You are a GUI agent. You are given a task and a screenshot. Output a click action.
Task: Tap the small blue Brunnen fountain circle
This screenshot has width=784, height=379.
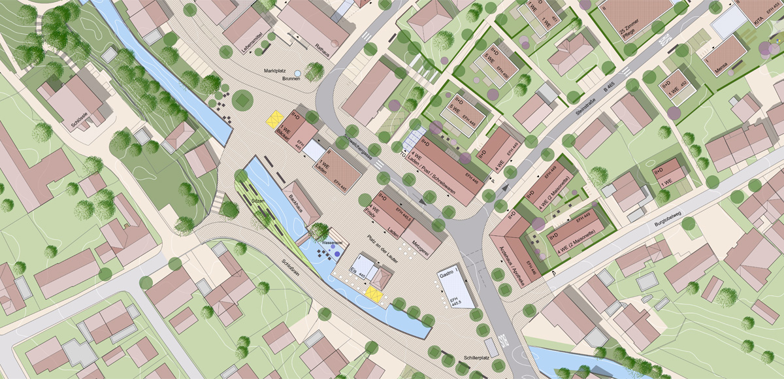(x=298, y=73)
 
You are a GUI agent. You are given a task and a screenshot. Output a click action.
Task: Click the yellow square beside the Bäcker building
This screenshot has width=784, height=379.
(x=275, y=118)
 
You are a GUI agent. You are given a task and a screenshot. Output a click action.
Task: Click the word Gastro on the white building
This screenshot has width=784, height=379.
(x=447, y=277)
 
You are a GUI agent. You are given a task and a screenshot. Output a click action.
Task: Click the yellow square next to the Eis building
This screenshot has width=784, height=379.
(x=374, y=293)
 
